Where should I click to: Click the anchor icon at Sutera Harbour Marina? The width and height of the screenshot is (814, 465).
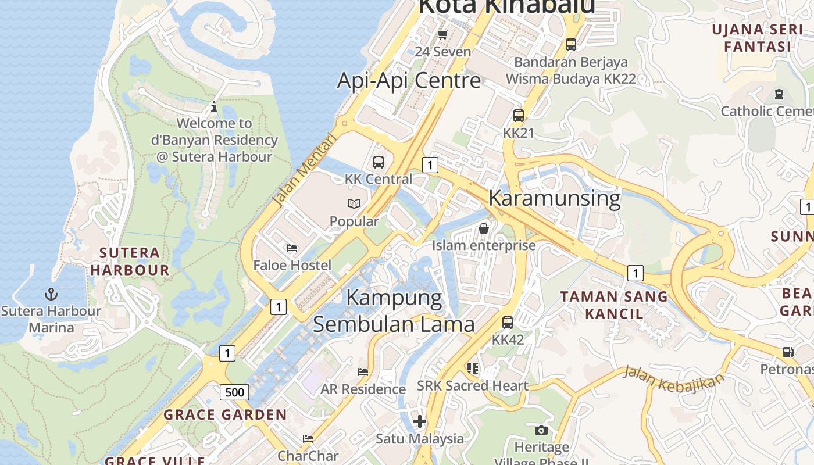click(51, 294)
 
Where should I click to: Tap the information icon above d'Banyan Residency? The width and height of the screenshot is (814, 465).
click(214, 106)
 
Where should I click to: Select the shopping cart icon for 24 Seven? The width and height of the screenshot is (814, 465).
click(442, 34)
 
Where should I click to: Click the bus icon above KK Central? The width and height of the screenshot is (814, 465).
click(379, 162)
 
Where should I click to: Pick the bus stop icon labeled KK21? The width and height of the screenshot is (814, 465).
click(518, 116)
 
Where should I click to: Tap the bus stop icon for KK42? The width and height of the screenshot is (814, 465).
click(508, 323)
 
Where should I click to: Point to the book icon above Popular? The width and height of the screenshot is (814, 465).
click(354, 204)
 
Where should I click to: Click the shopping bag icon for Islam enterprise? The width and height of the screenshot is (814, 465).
click(483, 228)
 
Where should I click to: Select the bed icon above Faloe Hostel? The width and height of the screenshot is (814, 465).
click(292, 248)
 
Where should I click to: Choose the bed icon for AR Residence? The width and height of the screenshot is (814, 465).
click(363, 372)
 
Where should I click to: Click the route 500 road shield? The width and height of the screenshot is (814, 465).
click(234, 392)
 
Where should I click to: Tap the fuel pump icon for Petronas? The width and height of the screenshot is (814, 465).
click(788, 352)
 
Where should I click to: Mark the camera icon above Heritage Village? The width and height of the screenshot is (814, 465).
click(541, 430)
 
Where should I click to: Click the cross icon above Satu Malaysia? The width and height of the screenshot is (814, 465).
click(419, 421)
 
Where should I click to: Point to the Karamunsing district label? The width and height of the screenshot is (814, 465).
click(554, 198)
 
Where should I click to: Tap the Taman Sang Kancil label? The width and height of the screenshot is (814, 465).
click(613, 305)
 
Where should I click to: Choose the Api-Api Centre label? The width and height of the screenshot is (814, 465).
click(409, 80)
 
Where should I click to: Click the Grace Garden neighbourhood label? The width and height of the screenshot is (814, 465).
click(225, 415)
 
